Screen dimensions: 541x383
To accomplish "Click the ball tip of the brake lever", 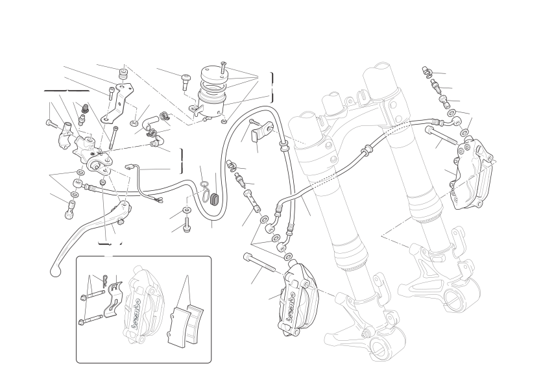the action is coord(55,272).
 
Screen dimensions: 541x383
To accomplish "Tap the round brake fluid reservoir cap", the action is coord(213,73).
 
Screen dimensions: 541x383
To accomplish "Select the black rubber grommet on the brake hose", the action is coord(215,200).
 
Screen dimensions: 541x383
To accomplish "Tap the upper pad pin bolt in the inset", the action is coord(93,295).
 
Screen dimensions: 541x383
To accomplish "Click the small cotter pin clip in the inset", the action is coord(105,280).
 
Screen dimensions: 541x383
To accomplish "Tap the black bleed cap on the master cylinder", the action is coord(84,108).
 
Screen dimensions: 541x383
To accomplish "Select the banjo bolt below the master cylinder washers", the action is coord(69,210).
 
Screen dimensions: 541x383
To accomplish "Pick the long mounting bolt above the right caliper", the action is coord(442,136).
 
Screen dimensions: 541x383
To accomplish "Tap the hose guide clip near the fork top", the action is coord(260,132).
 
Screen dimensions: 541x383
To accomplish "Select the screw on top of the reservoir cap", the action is coord(224,67).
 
